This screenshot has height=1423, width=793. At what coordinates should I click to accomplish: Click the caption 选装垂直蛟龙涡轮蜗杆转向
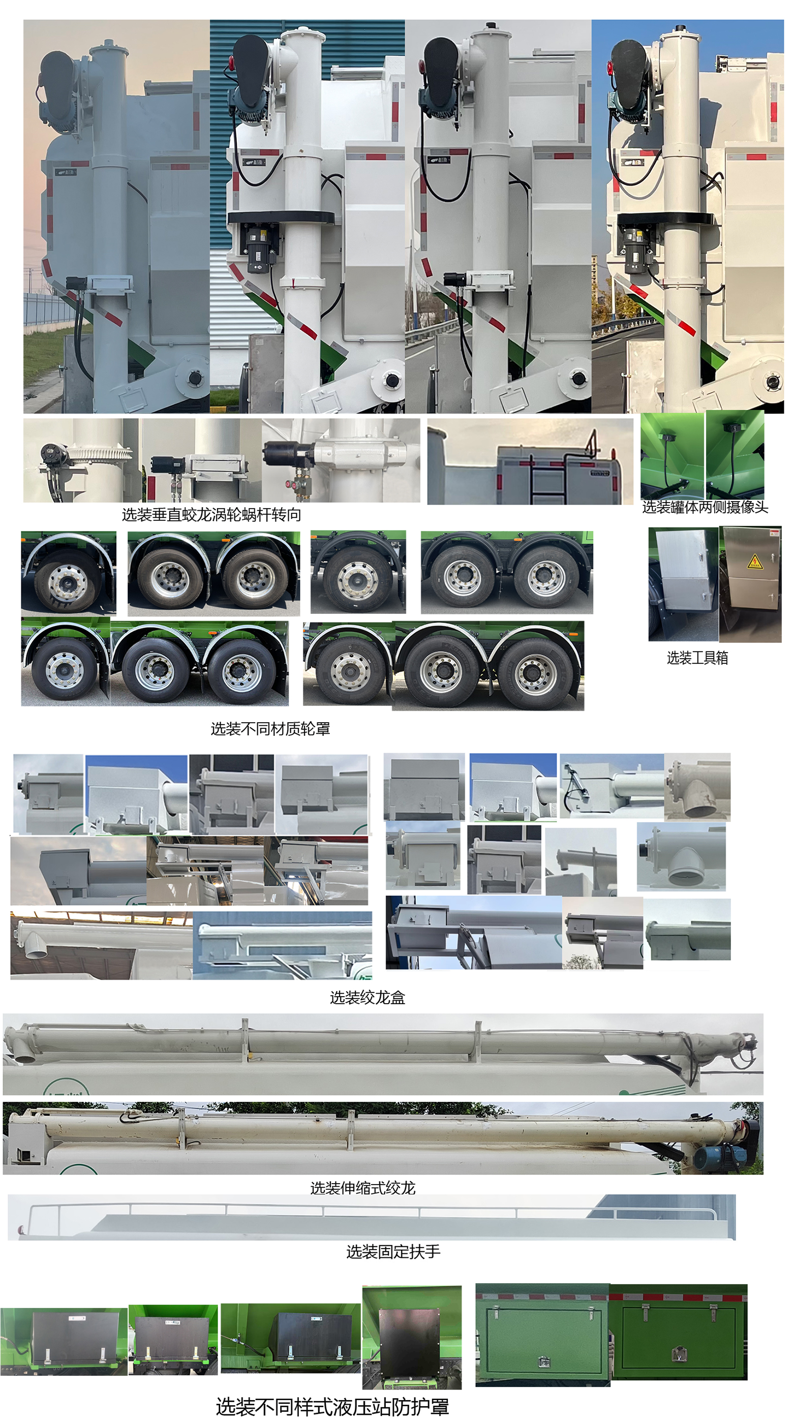(211, 515)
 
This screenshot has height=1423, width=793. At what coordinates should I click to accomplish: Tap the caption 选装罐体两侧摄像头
(705, 507)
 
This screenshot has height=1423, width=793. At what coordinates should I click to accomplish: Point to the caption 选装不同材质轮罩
(270, 729)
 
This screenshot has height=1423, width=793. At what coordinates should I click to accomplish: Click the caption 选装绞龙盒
(368, 997)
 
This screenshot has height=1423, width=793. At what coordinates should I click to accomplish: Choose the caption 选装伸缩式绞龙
(362, 1188)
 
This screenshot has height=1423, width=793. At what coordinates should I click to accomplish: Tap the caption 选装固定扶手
(393, 1251)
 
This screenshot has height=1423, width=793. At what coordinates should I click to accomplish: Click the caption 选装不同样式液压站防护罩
(332, 1406)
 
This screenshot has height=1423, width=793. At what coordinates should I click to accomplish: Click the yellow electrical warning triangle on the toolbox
(754, 563)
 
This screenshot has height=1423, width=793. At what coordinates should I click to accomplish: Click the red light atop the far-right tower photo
(610, 69)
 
